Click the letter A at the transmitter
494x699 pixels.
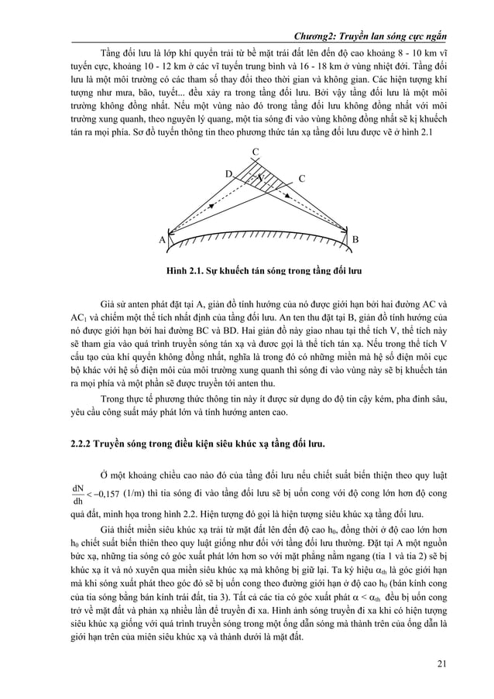[163, 239]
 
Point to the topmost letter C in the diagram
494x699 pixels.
[256, 150]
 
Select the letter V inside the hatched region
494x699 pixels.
[262, 178]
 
